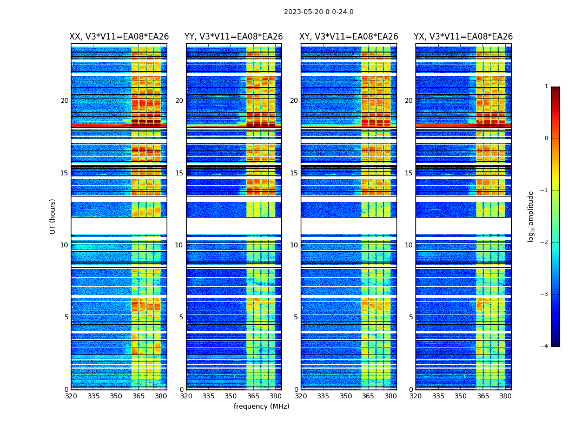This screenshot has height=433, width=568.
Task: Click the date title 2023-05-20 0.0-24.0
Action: pyautogui.click(x=319, y=12)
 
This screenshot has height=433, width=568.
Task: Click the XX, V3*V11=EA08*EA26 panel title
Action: pyautogui.click(x=119, y=37)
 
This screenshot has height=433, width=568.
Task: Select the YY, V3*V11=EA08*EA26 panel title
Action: pyautogui.click(x=234, y=37)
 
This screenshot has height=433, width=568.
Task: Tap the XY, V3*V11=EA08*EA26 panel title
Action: pyautogui.click(x=349, y=37)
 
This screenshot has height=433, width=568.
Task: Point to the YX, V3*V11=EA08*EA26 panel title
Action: pyautogui.click(x=464, y=37)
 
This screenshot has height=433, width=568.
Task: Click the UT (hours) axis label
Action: pyautogui.click(x=53, y=216)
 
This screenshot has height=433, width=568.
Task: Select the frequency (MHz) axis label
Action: pyautogui.click(x=261, y=406)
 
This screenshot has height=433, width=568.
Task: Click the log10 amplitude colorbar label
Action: pyautogui.click(x=531, y=216)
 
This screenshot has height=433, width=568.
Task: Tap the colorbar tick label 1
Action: pyautogui.click(x=546, y=87)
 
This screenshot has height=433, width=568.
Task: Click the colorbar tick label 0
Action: pyautogui.click(x=546, y=139)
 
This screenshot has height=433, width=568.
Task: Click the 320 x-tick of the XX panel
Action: pyautogui.click(x=71, y=396)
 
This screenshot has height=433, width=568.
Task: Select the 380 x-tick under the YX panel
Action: pyautogui.click(x=505, y=396)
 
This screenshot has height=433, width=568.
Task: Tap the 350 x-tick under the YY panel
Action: pyautogui.click(x=231, y=396)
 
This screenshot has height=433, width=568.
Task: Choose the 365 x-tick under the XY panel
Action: pyautogui.click(x=368, y=396)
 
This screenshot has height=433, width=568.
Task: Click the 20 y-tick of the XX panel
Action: pyautogui.click(x=64, y=101)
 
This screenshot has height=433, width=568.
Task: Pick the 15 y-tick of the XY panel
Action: pyautogui.click(x=294, y=173)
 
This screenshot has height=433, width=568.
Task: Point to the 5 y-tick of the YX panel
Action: pyautogui.click(x=411, y=317)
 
